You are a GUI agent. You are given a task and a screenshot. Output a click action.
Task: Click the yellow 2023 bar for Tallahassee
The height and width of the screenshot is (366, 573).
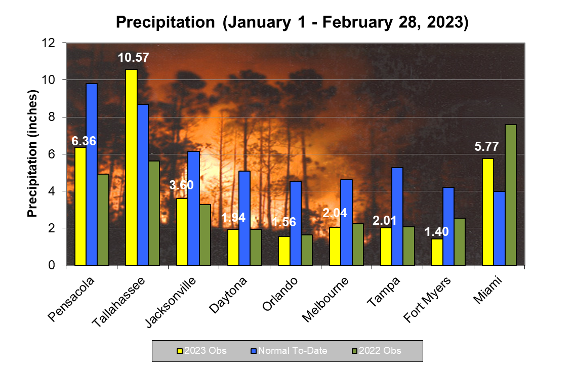point(131,167)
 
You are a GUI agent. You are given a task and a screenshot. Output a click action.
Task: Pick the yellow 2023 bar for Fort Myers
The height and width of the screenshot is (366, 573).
point(437,252)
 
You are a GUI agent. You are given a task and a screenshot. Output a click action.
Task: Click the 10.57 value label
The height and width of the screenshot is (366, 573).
point(134,58)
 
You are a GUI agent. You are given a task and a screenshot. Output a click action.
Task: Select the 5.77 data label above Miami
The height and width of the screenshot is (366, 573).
point(486,147)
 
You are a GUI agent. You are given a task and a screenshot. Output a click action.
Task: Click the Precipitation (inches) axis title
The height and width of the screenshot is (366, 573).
point(33,154)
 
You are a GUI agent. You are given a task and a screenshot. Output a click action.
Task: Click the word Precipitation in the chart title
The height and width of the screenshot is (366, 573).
point(165,22)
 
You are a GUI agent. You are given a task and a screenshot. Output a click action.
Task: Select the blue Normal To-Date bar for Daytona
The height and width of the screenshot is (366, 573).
point(244,218)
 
